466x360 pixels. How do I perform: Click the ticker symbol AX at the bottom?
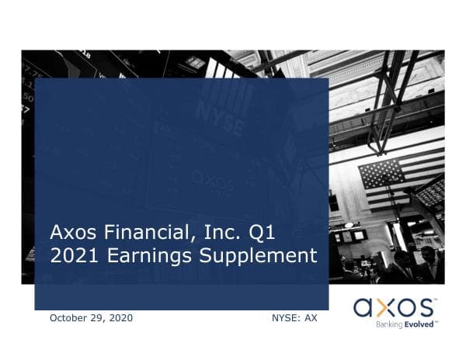[311, 318]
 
